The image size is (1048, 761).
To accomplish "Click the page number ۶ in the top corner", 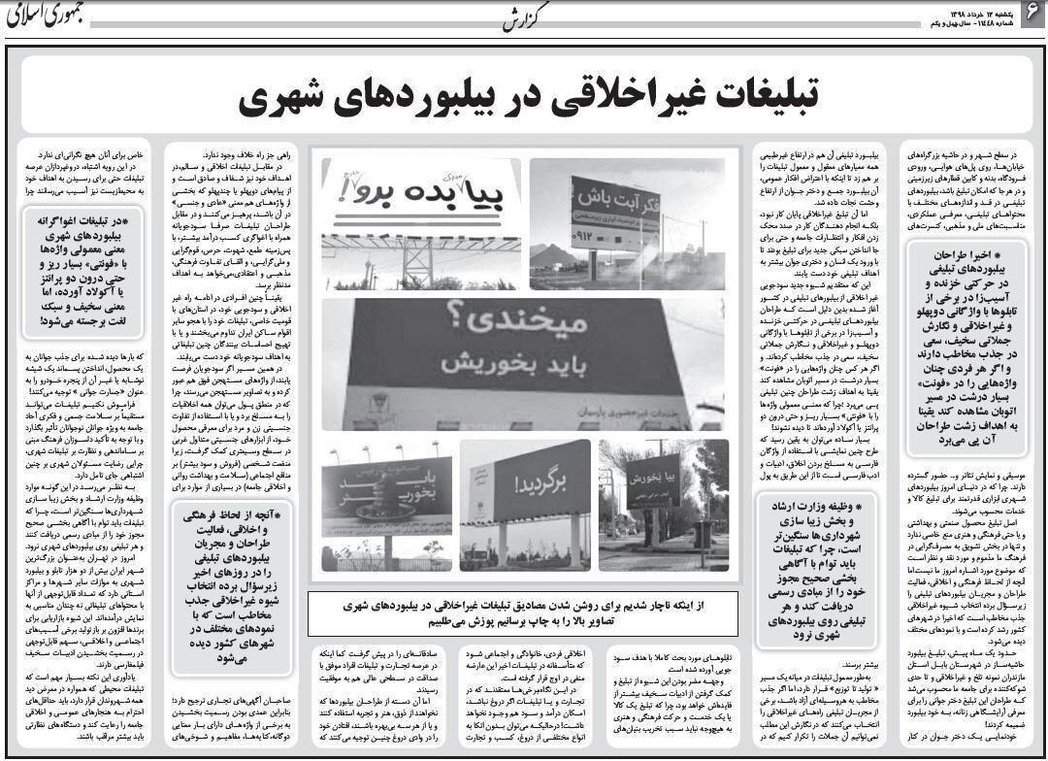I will pos(1030,13).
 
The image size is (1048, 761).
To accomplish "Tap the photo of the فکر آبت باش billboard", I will pos(627,223).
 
